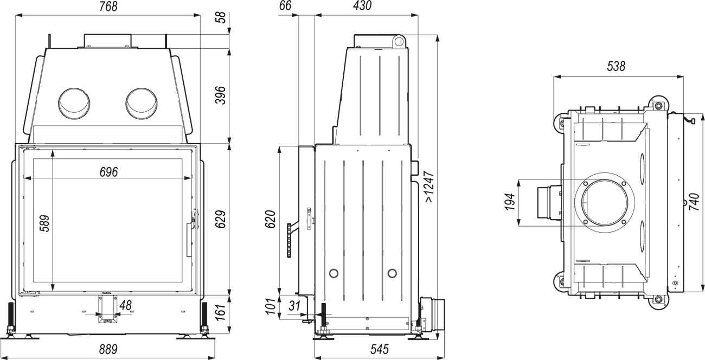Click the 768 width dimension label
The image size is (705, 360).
pyautogui.click(x=108, y=7)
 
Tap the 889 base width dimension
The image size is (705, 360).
pyautogui.click(x=108, y=349)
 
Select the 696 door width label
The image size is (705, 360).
pyautogui.click(x=108, y=172)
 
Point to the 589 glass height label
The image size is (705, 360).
pyautogui.click(x=44, y=223)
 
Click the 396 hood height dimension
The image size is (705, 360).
pyautogui.click(x=221, y=95)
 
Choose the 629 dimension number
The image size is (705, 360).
pyautogui.click(x=221, y=219)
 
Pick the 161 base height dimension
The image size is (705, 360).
pyautogui.click(x=221, y=312)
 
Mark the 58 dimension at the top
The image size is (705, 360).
pyautogui.click(x=221, y=17)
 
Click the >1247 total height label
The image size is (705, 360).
pyautogui.click(x=430, y=187)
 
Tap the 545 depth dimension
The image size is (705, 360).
pyautogui.click(x=380, y=349)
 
